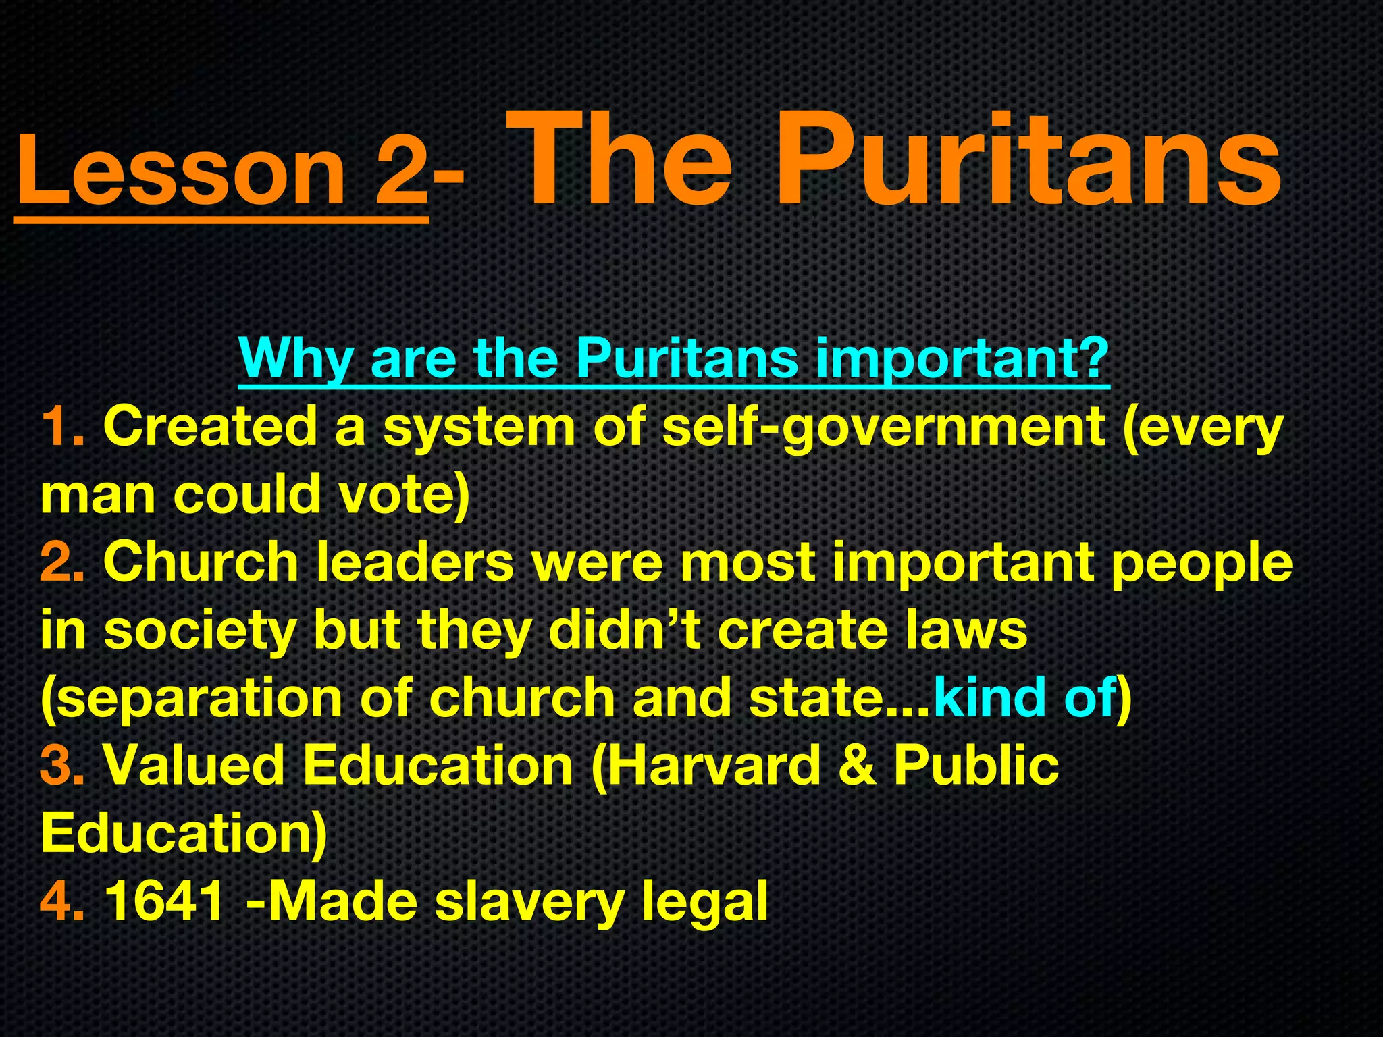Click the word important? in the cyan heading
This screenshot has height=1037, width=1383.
(x=962, y=358)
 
